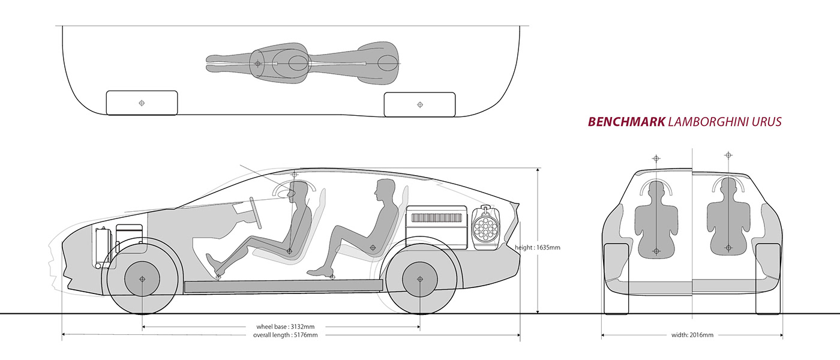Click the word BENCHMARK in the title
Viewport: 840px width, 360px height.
click(x=626, y=122)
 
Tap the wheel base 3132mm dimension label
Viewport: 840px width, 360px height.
click(x=286, y=326)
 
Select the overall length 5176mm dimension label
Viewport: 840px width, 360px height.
click(x=286, y=335)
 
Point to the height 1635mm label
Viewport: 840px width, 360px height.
click(x=538, y=247)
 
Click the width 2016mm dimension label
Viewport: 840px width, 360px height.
click(x=692, y=335)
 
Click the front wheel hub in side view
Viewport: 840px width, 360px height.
click(x=142, y=279)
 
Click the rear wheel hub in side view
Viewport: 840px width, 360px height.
click(x=420, y=279)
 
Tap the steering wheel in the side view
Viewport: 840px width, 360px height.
click(x=256, y=212)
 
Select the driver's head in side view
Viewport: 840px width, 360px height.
click(x=298, y=191)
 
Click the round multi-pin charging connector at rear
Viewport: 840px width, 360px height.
click(x=485, y=228)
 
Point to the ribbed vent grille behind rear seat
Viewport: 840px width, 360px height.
click(x=437, y=218)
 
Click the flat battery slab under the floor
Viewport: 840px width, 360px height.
click(x=283, y=286)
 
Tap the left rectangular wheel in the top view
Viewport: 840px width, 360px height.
click(x=142, y=103)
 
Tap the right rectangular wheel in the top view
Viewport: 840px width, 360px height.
click(x=419, y=104)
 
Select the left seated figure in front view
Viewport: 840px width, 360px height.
click(x=656, y=220)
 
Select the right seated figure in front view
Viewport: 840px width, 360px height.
click(x=728, y=217)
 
